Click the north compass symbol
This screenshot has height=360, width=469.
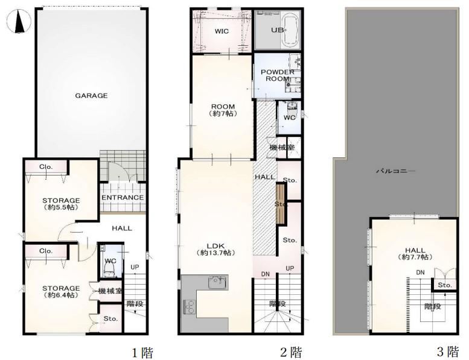tap(19, 21)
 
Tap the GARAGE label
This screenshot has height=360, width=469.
tap(91, 96)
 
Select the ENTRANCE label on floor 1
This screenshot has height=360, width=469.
tap(123, 197)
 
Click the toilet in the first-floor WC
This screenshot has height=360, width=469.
tap(110, 267)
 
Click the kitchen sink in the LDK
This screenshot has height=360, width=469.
tap(218, 282)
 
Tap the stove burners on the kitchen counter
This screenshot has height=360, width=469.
tap(189, 306)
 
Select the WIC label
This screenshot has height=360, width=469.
tap(222, 31)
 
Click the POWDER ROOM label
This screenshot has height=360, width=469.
tap(278, 75)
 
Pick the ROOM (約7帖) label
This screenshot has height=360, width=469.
tap(223, 110)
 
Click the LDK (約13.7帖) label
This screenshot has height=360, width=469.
tap(216, 250)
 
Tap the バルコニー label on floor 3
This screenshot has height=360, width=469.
tap(395, 171)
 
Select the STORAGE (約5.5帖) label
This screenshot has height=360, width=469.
tap(61, 204)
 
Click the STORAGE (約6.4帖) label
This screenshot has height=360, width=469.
tap(61, 292)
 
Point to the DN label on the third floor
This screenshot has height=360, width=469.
tap(420, 273)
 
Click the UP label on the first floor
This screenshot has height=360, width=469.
tap(135, 267)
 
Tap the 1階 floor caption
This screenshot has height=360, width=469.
tap(143, 353)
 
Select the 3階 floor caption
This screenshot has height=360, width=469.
tap(447, 352)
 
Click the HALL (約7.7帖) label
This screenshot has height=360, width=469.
tap(415, 253)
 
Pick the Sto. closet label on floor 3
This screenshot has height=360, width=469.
tap(445, 285)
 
